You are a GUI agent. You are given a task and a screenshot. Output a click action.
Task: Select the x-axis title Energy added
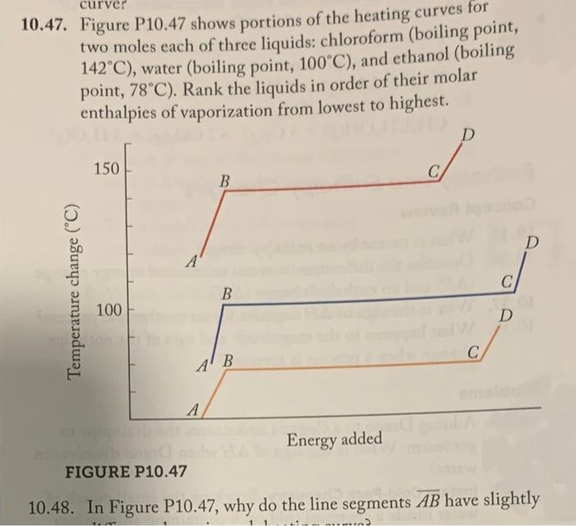[334, 439]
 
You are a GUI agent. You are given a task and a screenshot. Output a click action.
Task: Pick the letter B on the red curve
[225, 179]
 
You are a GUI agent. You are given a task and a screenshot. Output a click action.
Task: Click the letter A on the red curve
[191, 263]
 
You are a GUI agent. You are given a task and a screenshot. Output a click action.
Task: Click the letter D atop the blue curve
[532, 244]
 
